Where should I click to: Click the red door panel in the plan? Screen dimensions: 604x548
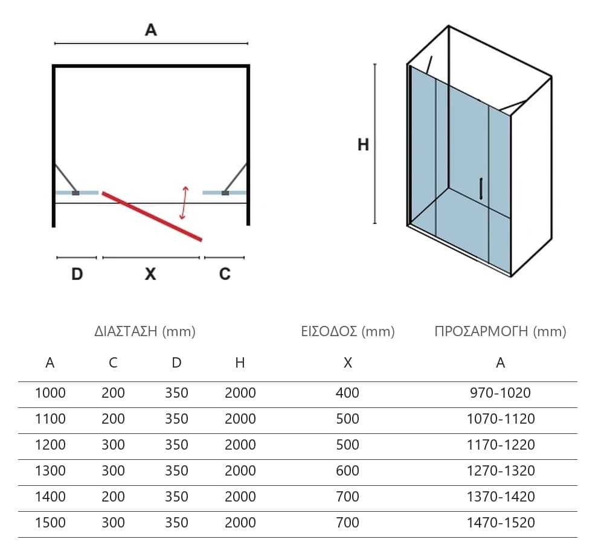point(152,217)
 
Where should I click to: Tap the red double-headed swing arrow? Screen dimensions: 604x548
point(184,203)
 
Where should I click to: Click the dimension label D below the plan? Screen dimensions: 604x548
point(77,274)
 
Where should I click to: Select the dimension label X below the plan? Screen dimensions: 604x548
point(150,274)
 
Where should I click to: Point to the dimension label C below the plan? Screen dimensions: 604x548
point(225,274)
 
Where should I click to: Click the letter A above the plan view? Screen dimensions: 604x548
point(151,30)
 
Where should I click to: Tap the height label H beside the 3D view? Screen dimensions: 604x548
point(363,145)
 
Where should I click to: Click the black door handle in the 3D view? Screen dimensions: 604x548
point(481,188)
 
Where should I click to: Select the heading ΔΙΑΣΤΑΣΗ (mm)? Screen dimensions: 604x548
point(145,331)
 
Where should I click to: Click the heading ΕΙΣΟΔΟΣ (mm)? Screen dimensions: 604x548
point(348,331)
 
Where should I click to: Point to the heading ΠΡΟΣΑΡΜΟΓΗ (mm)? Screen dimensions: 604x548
point(500,331)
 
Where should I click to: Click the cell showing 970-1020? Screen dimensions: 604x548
point(500,393)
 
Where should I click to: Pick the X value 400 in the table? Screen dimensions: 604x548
point(347,393)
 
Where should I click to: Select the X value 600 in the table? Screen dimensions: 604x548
point(347,471)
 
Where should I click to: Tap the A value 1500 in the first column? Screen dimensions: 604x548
point(50,523)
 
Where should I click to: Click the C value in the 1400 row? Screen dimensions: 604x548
point(114,497)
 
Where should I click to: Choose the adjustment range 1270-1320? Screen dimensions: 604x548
point(501,471)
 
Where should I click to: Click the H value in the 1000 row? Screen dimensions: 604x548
point(240,393)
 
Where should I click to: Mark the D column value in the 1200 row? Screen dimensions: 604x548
point(176,445)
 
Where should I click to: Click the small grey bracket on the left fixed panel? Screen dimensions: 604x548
point(76,193)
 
